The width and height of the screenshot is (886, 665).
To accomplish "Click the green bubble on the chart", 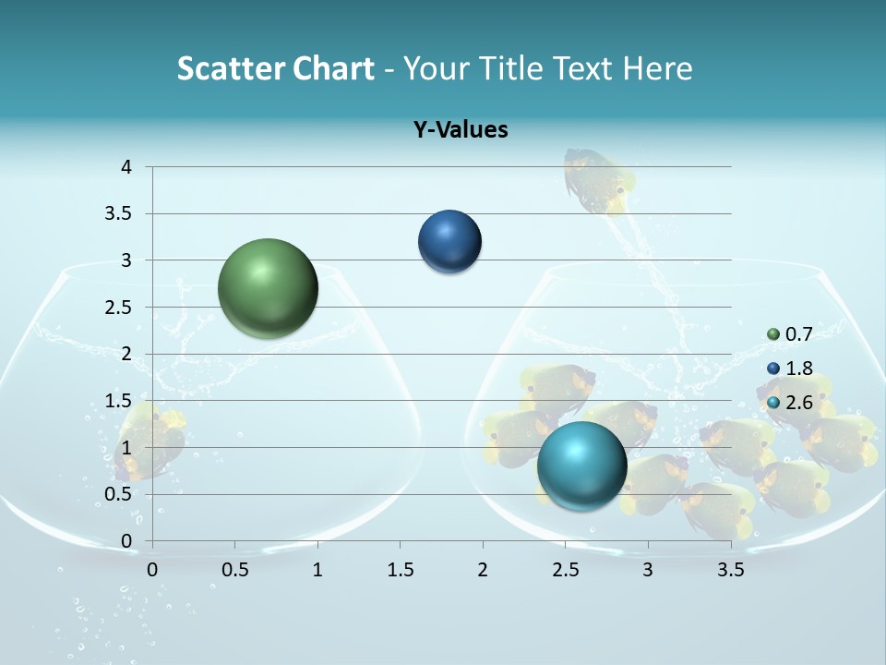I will [x=268, y=288].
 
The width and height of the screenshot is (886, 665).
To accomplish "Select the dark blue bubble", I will [x=449, y=242].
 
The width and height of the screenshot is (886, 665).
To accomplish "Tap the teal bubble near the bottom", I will [x=581, y=465].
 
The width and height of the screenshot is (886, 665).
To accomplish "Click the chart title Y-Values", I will [x=460, y=130].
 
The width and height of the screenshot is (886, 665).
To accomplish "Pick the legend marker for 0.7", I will [x=773, y=334].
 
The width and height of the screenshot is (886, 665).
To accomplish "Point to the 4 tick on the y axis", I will [x=126, y=167].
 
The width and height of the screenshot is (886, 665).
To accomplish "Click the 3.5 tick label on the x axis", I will [x=730, y=570].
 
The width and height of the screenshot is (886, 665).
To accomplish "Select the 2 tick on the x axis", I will [x=483, y=570].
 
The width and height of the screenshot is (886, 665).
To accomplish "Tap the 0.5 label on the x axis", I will [x=234, y=570].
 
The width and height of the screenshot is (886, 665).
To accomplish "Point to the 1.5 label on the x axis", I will [x=400, y=570].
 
